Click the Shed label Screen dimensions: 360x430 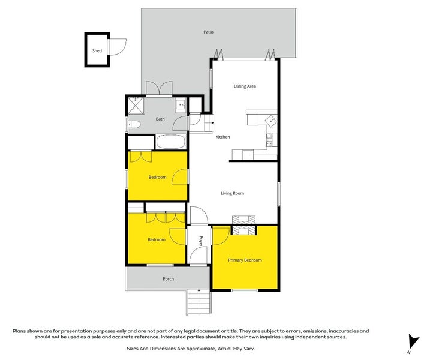coord(97,51)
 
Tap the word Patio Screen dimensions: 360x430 coord(208,32)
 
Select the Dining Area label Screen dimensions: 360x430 coord(245,86)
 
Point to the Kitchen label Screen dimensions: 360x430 coord(222,137)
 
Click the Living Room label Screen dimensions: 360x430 coord(232,193)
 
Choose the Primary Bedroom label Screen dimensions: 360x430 coord(245,260)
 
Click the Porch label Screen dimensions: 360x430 coord(168,279)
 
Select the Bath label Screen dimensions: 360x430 coord(160,119)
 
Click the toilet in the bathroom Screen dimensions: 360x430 coord(134,125)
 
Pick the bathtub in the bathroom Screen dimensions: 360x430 coord(171,143)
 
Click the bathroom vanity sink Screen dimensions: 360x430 coord(180,106)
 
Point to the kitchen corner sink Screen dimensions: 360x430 coord(272,120)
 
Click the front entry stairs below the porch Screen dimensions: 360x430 coord(199,301)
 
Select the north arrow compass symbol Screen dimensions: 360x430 coord(410,342)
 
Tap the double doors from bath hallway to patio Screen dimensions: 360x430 coord(157,89)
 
